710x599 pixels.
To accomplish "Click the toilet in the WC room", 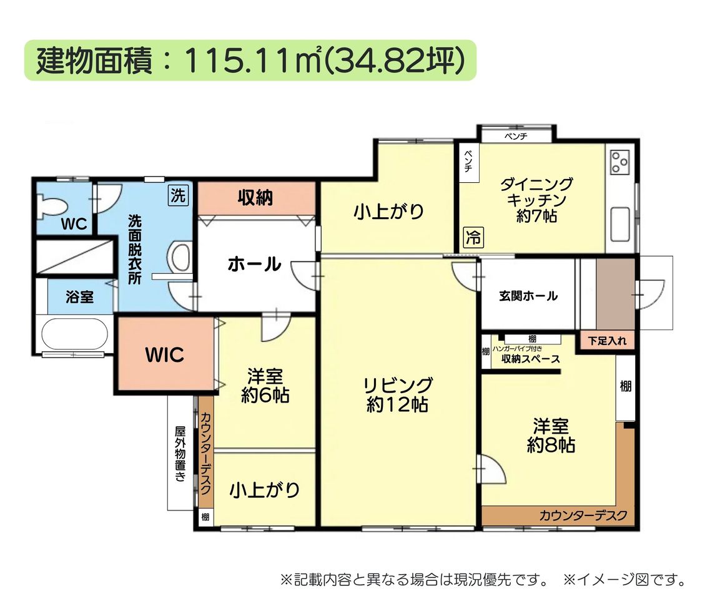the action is (51, 205).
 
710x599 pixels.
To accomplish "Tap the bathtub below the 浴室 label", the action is (75, 333).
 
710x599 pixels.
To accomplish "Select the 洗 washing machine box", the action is (178, 195).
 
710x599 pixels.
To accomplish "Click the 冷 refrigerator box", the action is (473, 237).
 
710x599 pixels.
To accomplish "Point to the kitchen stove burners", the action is (619, 162).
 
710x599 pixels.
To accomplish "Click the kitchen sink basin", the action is (620, 225).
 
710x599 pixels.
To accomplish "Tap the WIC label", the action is (164, 354).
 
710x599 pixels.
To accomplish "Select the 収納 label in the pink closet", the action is (255, 198).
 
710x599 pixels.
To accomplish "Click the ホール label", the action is (255, 264).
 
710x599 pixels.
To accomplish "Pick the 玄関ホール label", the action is (528, 296).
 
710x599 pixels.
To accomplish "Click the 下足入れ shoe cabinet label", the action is (607, 341).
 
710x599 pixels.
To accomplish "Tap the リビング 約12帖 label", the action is (398, 394).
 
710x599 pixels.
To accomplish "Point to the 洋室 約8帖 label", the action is (551, 436).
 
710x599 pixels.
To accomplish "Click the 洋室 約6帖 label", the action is (265, 386).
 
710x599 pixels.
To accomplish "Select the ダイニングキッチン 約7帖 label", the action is (536, 200).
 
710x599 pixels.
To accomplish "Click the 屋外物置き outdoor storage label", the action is (180, 453).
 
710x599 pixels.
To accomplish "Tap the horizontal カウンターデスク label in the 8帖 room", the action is (583, 515).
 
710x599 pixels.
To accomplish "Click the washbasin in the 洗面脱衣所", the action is (180, 258).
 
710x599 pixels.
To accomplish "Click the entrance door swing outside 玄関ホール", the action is (650, 294).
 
